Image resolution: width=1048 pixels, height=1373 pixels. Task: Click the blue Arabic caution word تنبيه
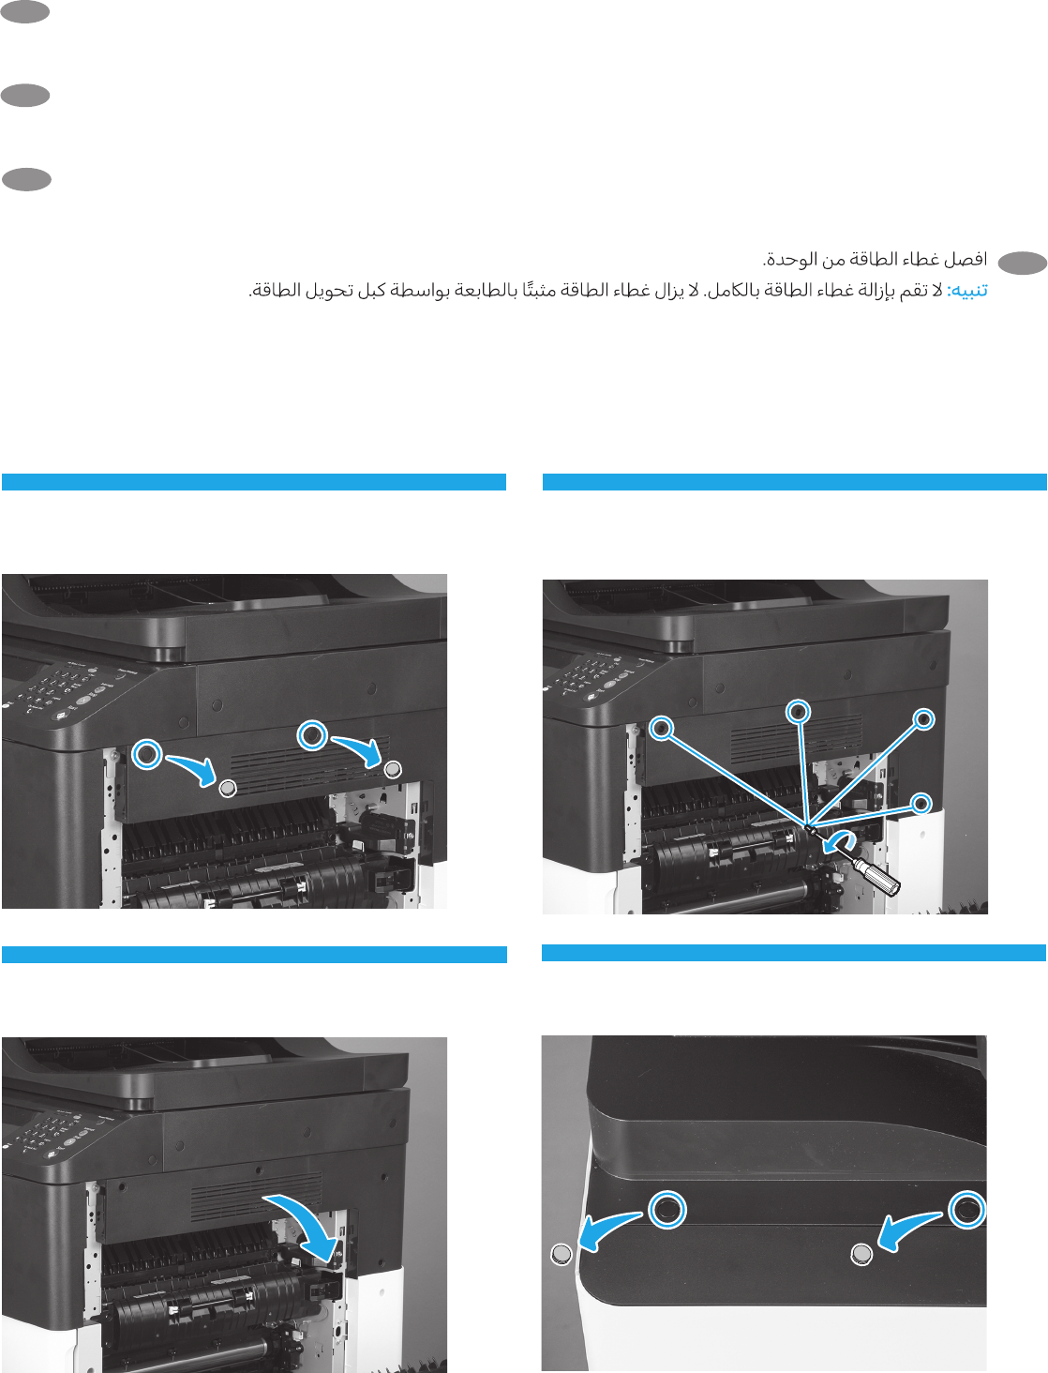tap(967, 292)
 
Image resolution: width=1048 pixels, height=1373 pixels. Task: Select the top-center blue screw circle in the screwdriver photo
tap(798, 712)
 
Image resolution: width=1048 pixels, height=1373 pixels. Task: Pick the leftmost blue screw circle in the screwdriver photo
tap(662, 728)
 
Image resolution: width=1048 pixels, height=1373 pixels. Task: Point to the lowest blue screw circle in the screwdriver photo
tap(921, 804)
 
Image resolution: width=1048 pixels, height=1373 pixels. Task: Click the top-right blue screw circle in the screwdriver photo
tap(924, 719)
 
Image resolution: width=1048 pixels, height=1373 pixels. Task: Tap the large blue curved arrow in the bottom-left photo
tap(305, 1220)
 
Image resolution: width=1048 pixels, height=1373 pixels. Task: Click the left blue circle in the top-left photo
tap(146, 754)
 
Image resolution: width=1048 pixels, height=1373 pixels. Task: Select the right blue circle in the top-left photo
tap(312, 734)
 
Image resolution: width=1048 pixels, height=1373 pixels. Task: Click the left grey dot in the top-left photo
tap(228, 788)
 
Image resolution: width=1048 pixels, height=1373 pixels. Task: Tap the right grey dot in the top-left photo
tap(394, 769)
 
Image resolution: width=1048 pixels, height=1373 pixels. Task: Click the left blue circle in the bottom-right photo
tap(666, 1210)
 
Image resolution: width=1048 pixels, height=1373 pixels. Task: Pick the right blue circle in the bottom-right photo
tap(966, 1210)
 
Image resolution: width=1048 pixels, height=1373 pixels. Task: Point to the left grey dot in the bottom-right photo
tap(561, 1254)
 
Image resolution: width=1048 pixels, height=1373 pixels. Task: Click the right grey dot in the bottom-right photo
tap(861, 1254)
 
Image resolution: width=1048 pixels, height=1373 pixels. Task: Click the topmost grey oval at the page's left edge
tap(25, 12)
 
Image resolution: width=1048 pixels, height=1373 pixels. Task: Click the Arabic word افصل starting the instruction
tap(966, 260)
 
